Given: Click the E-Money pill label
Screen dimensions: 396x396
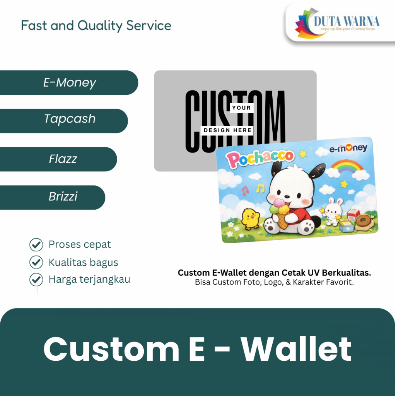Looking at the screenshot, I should [70, 82].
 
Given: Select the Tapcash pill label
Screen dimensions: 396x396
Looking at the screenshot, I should [70, 119].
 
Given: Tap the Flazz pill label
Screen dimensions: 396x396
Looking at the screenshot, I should [63, 159].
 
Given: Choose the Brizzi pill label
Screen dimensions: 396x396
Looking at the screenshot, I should [63, 196].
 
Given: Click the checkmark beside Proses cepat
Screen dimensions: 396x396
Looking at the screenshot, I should [36, 245].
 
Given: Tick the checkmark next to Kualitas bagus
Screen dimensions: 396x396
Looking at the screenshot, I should [36, 262].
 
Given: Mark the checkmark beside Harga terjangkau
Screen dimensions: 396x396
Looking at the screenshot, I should [36, 279].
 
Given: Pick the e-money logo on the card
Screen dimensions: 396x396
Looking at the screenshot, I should [348, 148].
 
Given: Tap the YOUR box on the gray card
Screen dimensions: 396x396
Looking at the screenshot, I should [241, 108].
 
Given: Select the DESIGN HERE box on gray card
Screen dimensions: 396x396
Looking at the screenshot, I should [227, 130].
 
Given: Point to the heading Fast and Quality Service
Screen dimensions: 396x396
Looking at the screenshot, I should [96, 26].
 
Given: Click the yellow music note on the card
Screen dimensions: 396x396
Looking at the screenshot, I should [260, 188].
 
